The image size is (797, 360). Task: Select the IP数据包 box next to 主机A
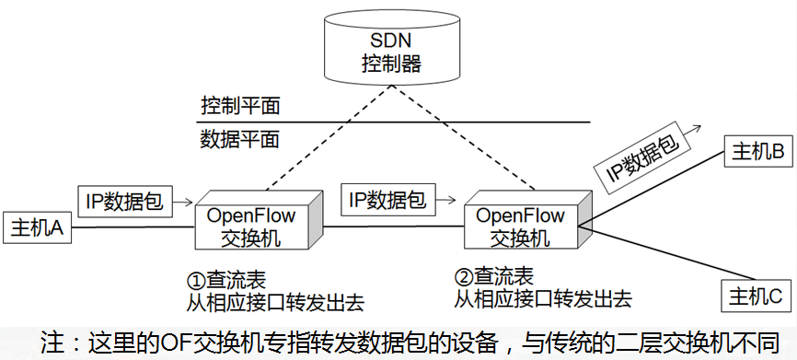[x=123, y=201]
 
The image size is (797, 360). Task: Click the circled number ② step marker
[x=463, y=277]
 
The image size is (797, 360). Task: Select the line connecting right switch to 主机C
[x=663, y=251]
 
